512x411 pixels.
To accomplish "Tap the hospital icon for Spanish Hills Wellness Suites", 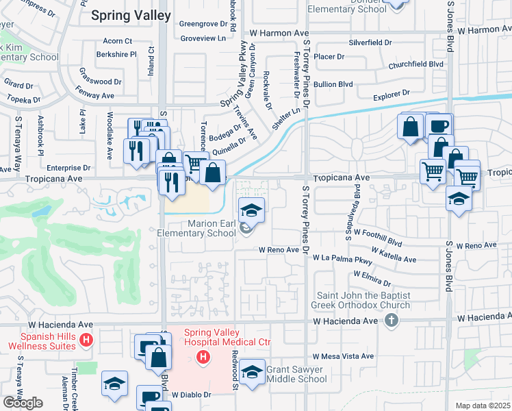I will [x=86, y=339].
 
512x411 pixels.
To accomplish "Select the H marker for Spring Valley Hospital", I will [x=203, y=357].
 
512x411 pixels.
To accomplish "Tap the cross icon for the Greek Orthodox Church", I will [x=391, y=320].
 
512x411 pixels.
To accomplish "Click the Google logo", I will [x=23, y=403].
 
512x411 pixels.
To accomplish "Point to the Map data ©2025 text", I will [x=483, y=406].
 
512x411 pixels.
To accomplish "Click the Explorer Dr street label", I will [x=391, y=92].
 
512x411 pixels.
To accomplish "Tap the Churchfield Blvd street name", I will [x=416, y=64].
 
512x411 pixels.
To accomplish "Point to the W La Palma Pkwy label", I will [x=342, y=260].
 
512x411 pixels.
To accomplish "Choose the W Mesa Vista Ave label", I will [x=344, y=356].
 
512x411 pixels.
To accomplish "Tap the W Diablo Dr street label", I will [x=193, y=395].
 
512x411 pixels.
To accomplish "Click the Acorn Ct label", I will [x=118, y=42].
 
